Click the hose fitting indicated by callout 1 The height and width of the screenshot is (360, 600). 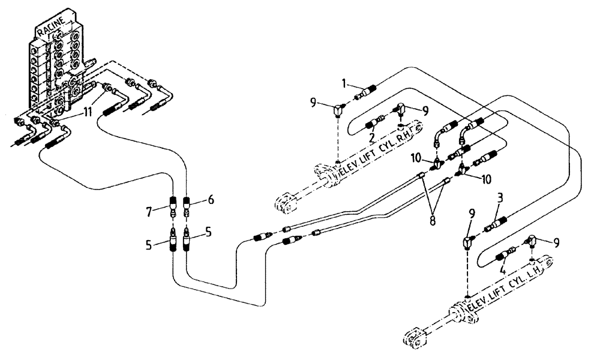[x=366, y=91]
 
